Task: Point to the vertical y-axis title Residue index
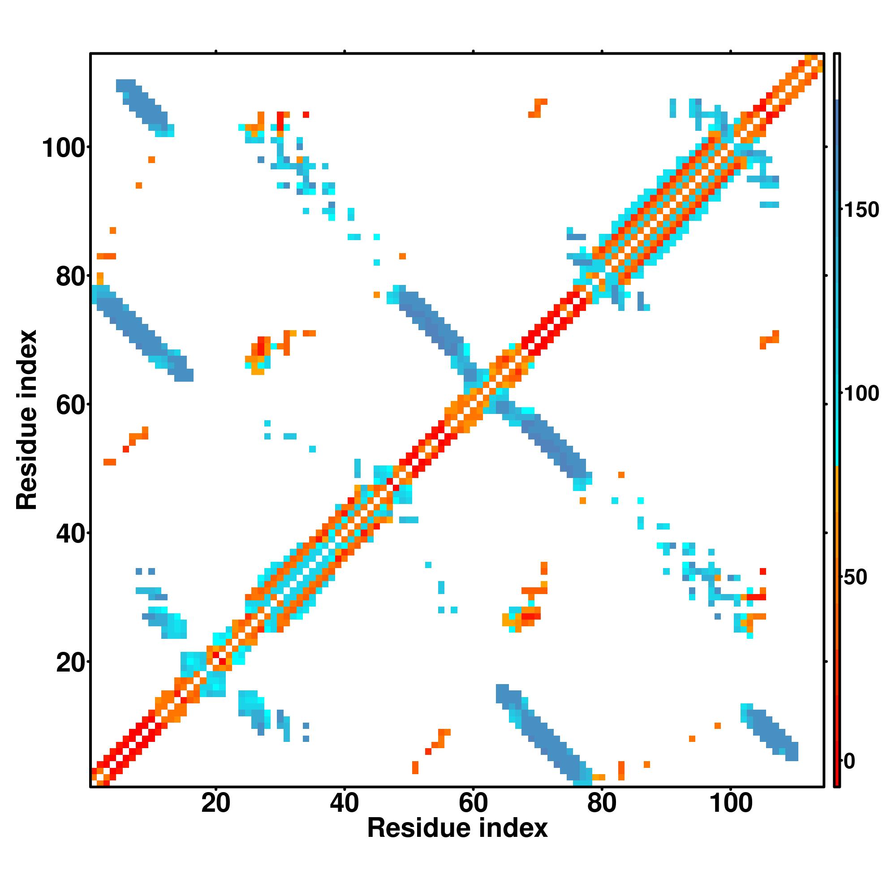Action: (26, 420)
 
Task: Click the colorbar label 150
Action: (861, 210)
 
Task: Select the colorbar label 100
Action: (861, 394)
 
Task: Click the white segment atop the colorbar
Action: (837, 77)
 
